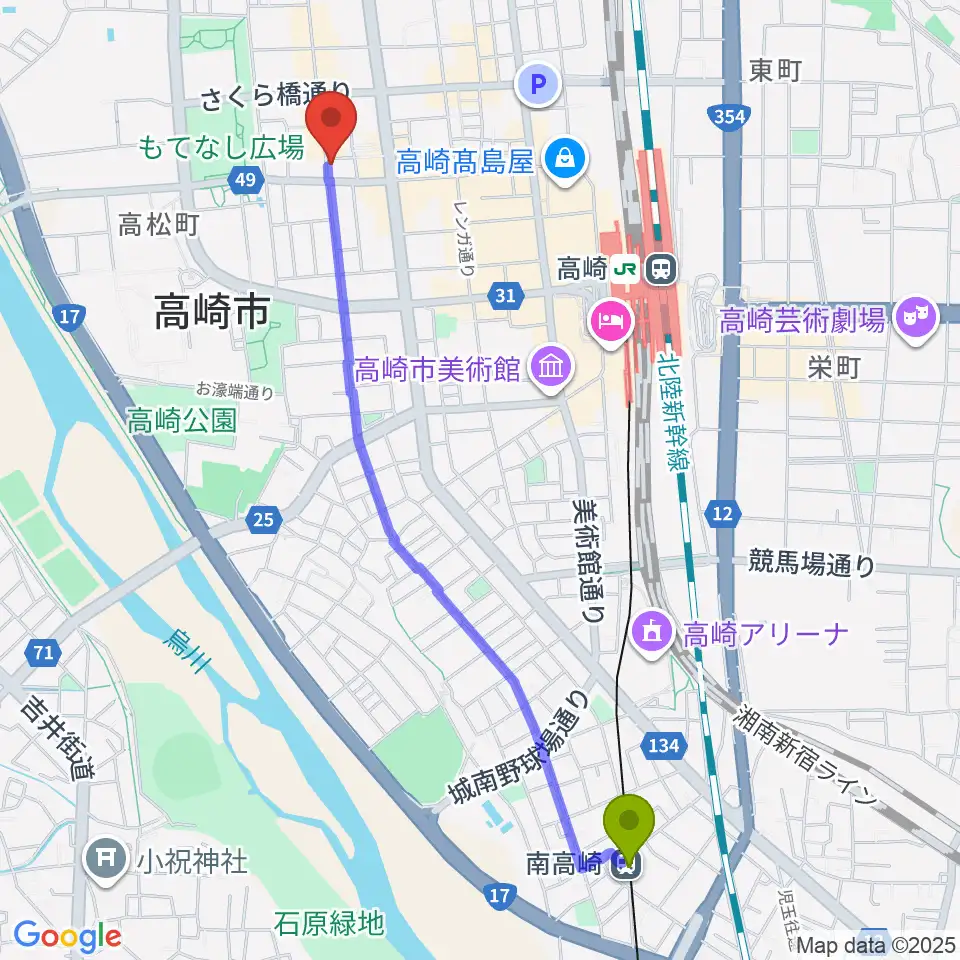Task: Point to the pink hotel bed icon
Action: [609, 321]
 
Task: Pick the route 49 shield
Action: [245, 180]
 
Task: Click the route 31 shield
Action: [505, 295]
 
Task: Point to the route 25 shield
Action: [263, 518]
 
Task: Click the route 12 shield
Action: [723, 514]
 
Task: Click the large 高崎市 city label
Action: [212, 315]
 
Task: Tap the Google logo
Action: [67, 937]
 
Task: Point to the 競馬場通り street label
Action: [811, 566]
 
